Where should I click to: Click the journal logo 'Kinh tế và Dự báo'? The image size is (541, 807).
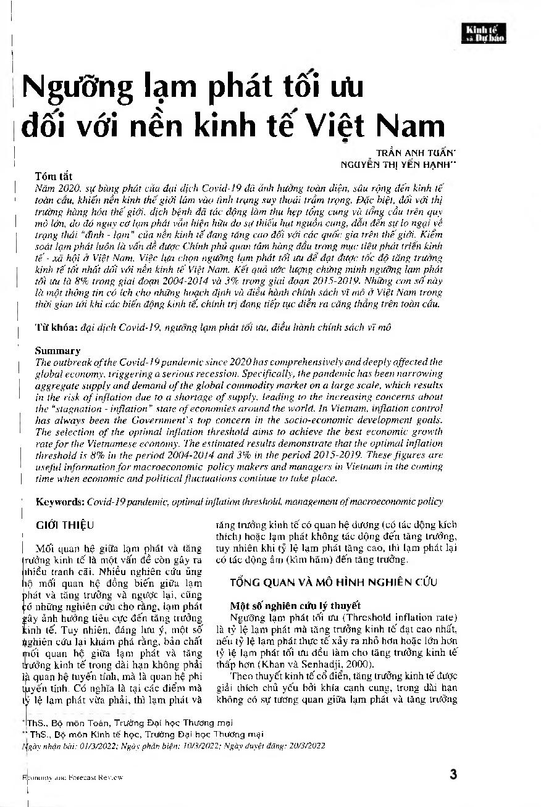(485, 33)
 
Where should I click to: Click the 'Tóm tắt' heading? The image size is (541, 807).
(54, 176)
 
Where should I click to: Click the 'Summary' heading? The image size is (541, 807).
(58, 350)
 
